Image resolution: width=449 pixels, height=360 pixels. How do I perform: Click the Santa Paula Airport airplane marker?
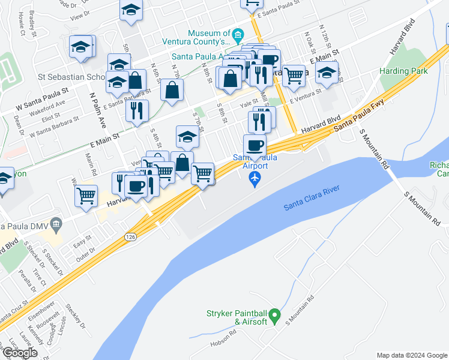pyautogui.click(x=255, y=178)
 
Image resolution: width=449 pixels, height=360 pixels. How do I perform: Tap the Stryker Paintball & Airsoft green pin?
pyautogui.click(x=274, y=314)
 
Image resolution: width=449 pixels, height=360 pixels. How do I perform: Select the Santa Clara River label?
pyautogui.click(x=312, y=198)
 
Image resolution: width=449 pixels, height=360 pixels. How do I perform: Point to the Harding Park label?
pyautogui.click(x=403, y=71)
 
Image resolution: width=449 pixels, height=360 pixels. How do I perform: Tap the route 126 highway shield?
pyautogui.click(x=130, y=238)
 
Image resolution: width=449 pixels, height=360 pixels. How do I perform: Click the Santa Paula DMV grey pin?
pyautogui.click(x=56, y=225)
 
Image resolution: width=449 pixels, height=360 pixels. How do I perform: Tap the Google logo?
pyautogui.click(x=19, y=353)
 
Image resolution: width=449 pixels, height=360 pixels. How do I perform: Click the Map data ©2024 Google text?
pyautogui.click(x=411, y=355)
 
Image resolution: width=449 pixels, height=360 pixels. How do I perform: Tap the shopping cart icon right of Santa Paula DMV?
pyautogui.click(x=86, y=195)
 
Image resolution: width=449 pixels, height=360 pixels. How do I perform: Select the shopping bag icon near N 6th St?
pyautogui.click(x=172, y=90)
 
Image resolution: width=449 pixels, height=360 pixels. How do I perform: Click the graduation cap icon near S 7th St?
pyautogui.click(x=187, y=137)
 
